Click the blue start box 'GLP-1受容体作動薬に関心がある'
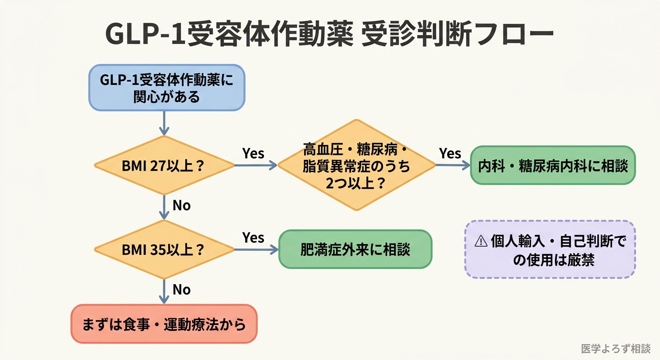click(167, 88)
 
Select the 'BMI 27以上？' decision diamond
click(164, 165)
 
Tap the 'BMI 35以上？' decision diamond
click(164, 249)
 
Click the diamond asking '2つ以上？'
click(357, 165)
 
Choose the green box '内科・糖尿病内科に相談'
click(553, 165)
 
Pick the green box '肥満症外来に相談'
click(355, 249)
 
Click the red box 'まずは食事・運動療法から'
click(164, 324)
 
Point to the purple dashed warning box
click(550, 249)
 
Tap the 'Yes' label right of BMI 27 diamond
click(253, 153)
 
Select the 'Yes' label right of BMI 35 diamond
click(253, 238)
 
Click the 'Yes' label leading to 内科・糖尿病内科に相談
click(450, 153)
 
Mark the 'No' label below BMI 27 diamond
click(181, 205)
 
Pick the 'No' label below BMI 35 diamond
click(181, 290)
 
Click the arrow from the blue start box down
click(164, 123)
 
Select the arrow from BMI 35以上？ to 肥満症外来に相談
click(256, 249)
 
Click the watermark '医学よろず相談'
click(615, 349)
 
